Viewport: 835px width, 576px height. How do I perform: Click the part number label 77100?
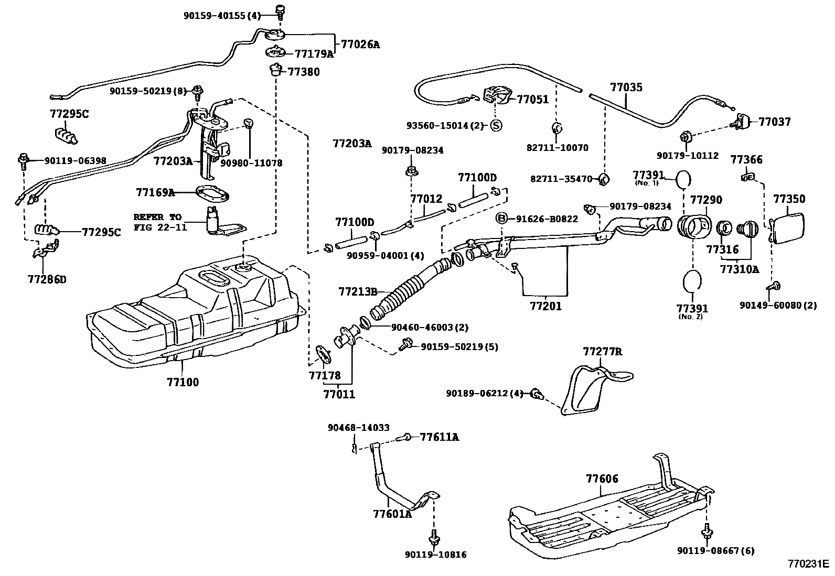coord(183,382)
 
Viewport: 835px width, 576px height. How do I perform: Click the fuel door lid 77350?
coord(788,227)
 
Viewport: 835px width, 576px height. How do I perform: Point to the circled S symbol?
coord(496,125)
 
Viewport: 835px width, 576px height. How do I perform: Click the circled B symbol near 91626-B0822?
coord(502,219)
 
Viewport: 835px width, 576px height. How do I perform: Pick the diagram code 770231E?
coord(807,564)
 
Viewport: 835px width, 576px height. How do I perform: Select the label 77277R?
coord(602,352)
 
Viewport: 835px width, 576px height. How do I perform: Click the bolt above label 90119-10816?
coord(434,536)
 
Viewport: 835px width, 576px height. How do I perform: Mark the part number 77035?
coord(626,88)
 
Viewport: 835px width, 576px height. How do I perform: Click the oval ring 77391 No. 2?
coord(693,281)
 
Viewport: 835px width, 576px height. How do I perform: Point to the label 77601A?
coord(392,514)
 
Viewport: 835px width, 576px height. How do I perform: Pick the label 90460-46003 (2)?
coord(430,327)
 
